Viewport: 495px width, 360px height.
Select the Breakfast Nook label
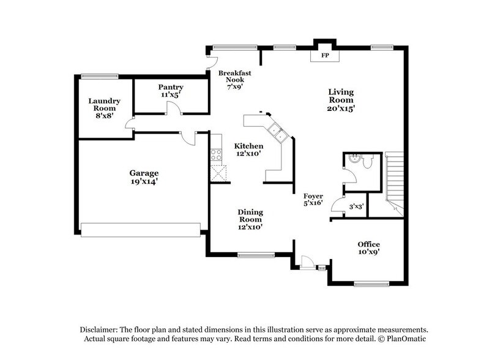[231, 80]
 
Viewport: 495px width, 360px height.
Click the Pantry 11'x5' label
[171, 91]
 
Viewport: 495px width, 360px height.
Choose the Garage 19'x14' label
[144, 177]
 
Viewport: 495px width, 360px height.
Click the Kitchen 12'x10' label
[249, 150]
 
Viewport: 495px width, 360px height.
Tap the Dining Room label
[250, 219]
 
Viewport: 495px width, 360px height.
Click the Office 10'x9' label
[373, 247]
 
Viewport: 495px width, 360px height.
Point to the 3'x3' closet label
[356, 207]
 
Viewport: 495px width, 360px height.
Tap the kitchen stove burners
[216, 155]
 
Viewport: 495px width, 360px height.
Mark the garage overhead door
[141, 230]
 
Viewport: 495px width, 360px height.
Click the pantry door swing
[173, 109]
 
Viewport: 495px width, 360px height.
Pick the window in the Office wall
[372, 283]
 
